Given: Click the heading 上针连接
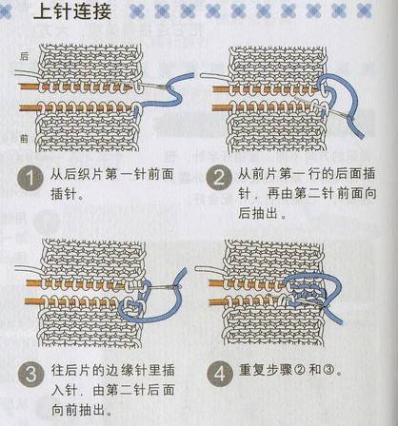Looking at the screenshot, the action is (72, 11).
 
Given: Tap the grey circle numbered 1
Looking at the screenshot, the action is (30, 178).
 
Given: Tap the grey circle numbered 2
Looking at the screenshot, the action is (219, 178).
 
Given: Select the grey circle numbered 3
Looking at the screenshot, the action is (30, 375).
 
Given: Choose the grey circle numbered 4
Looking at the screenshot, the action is (220, 374).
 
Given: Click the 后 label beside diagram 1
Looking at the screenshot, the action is (24, 56).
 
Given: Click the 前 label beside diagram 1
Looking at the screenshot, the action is (24, 139).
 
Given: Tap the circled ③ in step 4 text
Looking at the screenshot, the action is (327, 370).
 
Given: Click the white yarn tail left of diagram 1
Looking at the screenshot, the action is (27, 74).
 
